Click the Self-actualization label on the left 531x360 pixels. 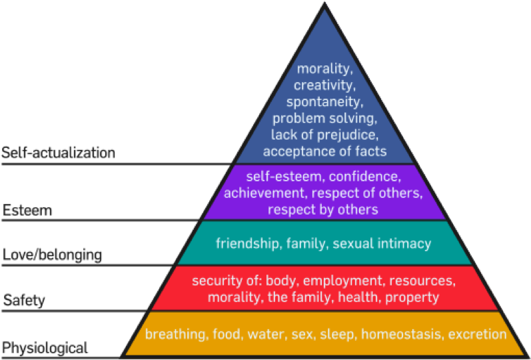point(58,153)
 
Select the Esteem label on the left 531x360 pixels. point(27,211)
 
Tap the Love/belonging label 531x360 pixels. point(52,255)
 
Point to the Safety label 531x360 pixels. point(24,301)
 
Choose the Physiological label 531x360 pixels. point(45,348)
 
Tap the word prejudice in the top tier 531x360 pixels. point(347,135)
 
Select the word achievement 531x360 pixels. point(264,193)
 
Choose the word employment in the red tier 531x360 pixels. point(342,281)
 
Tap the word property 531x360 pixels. point(412,297)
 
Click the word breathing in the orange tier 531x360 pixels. point(175,334)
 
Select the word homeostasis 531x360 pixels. point(402,334)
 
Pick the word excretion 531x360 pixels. point(478,334)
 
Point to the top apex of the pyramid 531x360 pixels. point(324,3)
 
